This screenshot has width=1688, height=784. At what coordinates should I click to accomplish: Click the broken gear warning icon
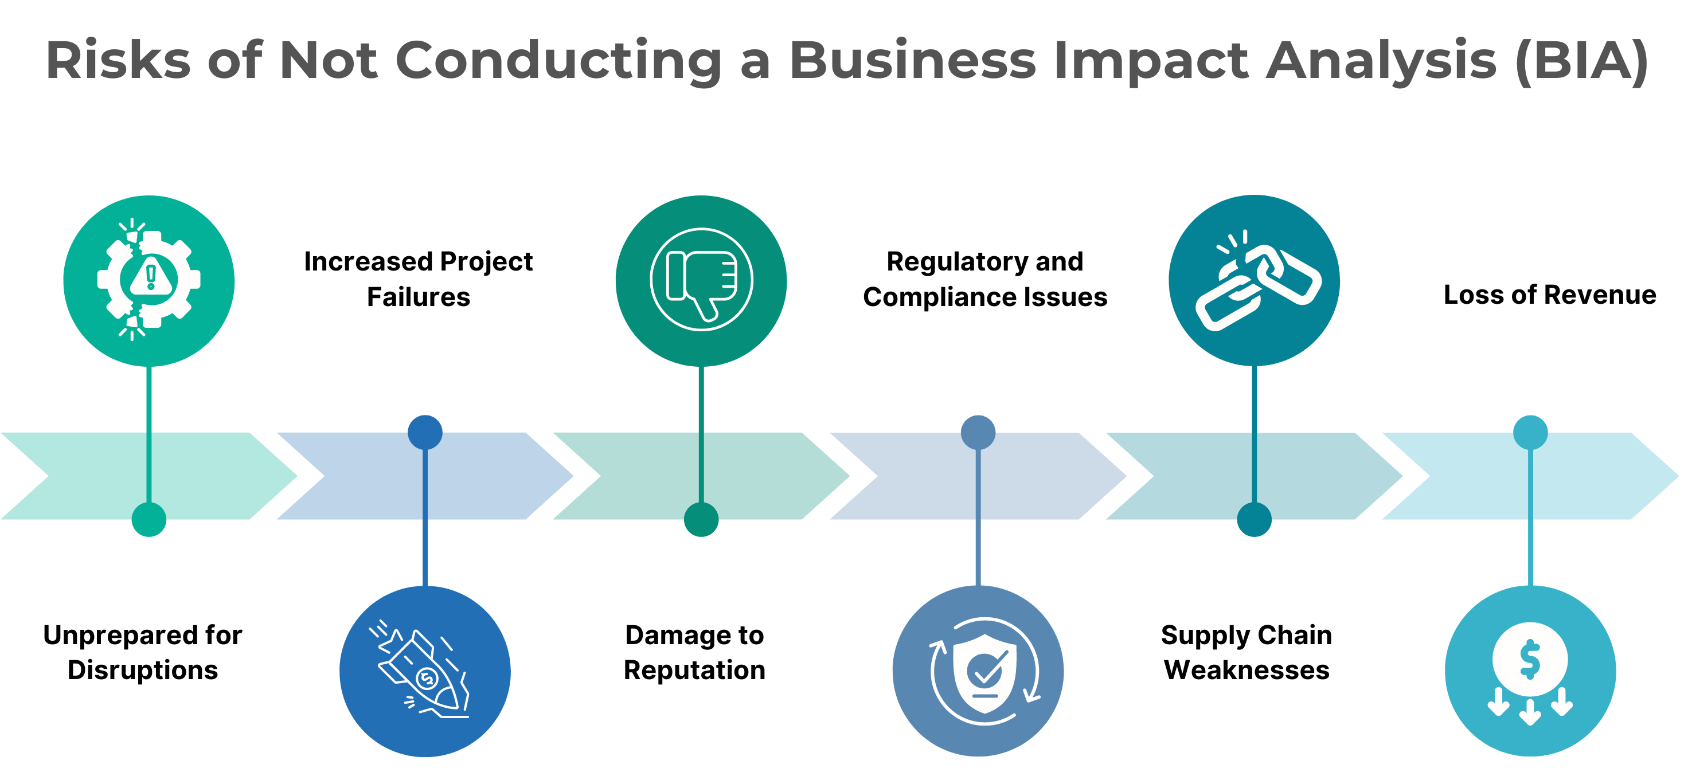149,280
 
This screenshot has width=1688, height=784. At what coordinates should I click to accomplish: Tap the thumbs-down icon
701,280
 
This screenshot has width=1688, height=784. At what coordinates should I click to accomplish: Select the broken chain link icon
1253,280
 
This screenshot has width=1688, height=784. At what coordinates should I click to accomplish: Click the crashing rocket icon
425,671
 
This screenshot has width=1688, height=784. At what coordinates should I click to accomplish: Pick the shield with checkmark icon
978,671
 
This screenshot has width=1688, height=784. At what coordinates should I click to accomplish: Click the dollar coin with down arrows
1530,671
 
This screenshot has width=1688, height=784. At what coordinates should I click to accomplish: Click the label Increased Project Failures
418,279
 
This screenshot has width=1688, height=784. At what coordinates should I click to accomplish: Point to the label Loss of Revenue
1549,295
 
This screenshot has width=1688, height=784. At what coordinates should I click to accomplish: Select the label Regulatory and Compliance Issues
984,279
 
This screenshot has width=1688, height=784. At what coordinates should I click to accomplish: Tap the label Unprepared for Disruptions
142,652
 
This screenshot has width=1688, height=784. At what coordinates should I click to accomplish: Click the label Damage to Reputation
694,652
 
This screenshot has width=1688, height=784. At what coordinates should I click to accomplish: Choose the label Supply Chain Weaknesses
1246,652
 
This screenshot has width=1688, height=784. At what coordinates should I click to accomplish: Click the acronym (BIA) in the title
1581,60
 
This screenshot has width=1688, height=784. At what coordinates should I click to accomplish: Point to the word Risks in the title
118,60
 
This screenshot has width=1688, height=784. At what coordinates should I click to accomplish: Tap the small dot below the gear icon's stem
149,519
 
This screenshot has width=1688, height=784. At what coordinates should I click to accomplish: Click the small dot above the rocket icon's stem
425,432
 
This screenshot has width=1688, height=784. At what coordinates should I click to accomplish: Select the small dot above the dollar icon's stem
1530,432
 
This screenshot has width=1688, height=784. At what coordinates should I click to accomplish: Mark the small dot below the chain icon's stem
1253,519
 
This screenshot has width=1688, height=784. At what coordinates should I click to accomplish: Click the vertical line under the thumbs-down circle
701,432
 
